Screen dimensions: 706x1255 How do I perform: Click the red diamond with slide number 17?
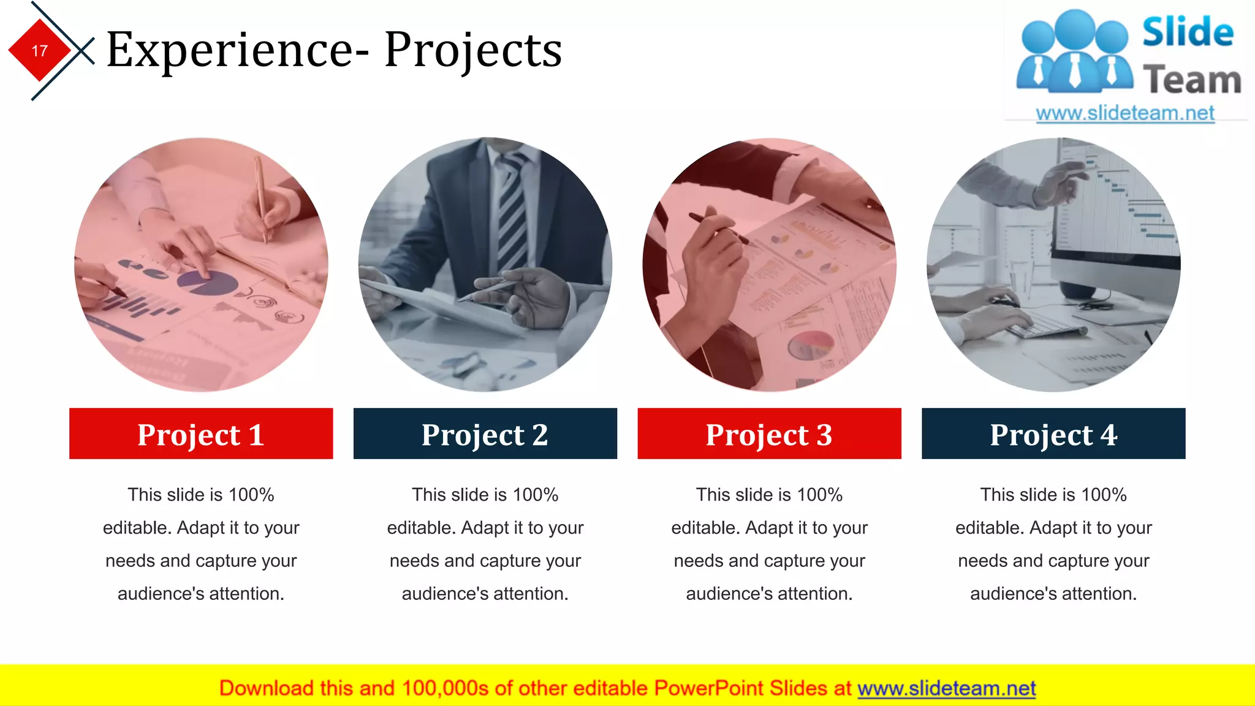coord(40,50)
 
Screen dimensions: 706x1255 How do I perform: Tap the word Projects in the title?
coord(473,50)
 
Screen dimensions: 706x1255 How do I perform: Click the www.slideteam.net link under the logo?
coord(1125,113)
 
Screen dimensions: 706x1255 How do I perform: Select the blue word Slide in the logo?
coord(1188,32)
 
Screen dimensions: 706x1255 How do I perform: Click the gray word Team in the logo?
coord(1192,80)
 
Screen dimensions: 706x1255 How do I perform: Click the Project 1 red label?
coord(201,434)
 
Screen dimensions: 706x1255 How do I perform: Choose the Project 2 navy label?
coord(485,434)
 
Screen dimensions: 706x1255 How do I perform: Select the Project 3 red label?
coord(769,434)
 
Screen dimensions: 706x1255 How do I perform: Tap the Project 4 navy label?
coord(1053,434)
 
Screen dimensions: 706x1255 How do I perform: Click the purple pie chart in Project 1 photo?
coord(206,283)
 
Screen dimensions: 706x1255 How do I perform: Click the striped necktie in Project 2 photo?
coord(512,208)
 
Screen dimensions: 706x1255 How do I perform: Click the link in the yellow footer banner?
coord(946,688)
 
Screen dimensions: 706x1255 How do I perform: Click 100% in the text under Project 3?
coord(820,495)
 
